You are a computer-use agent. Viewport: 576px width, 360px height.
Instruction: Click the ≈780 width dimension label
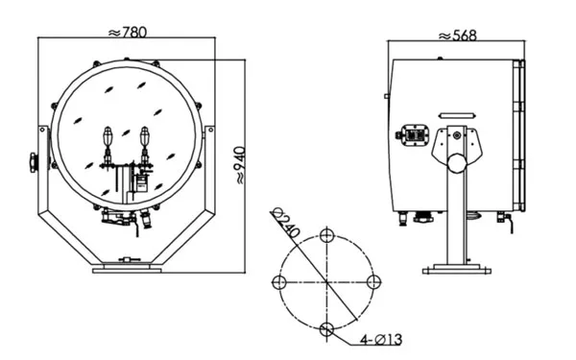(128, 33)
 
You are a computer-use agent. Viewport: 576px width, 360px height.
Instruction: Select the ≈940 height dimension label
(240, 165)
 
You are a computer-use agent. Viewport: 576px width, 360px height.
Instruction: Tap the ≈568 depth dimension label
(458, 36)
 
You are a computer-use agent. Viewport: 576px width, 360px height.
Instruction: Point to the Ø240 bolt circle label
(286, 223)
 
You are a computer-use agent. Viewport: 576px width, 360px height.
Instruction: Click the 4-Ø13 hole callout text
(381, 340)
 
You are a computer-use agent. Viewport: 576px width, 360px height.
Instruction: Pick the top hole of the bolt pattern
(326, 235)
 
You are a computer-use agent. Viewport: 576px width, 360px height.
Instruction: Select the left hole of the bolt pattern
(278, 282)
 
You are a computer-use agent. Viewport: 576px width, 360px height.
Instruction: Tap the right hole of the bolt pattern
(374, 282)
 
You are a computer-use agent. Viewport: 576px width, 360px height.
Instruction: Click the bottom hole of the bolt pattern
(326, 329)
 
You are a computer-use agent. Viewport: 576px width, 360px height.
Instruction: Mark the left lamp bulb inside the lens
(108, 137)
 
